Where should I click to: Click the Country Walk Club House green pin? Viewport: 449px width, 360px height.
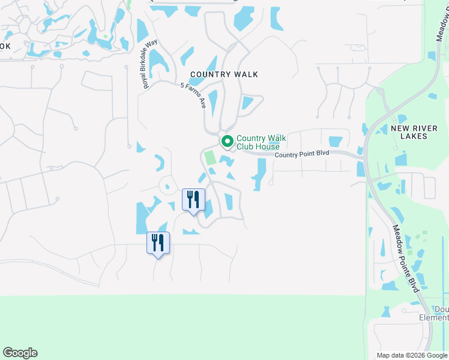(227, 142)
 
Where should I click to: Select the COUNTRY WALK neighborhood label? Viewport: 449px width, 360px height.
(224, 74)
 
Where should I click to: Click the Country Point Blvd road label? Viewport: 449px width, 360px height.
(302, 154)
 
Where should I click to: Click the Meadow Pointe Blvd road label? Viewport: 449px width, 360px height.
(405, 258)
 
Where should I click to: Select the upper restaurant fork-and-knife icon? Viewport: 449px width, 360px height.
(193, 199)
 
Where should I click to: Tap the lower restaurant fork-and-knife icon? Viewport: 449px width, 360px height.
(158, 242)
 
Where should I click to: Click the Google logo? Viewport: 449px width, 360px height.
(20, 353)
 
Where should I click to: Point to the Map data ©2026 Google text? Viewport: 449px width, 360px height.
(412, 355)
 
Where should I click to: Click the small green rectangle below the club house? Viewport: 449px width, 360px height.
(209, 158)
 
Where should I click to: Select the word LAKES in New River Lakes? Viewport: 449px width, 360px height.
(417, 136)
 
